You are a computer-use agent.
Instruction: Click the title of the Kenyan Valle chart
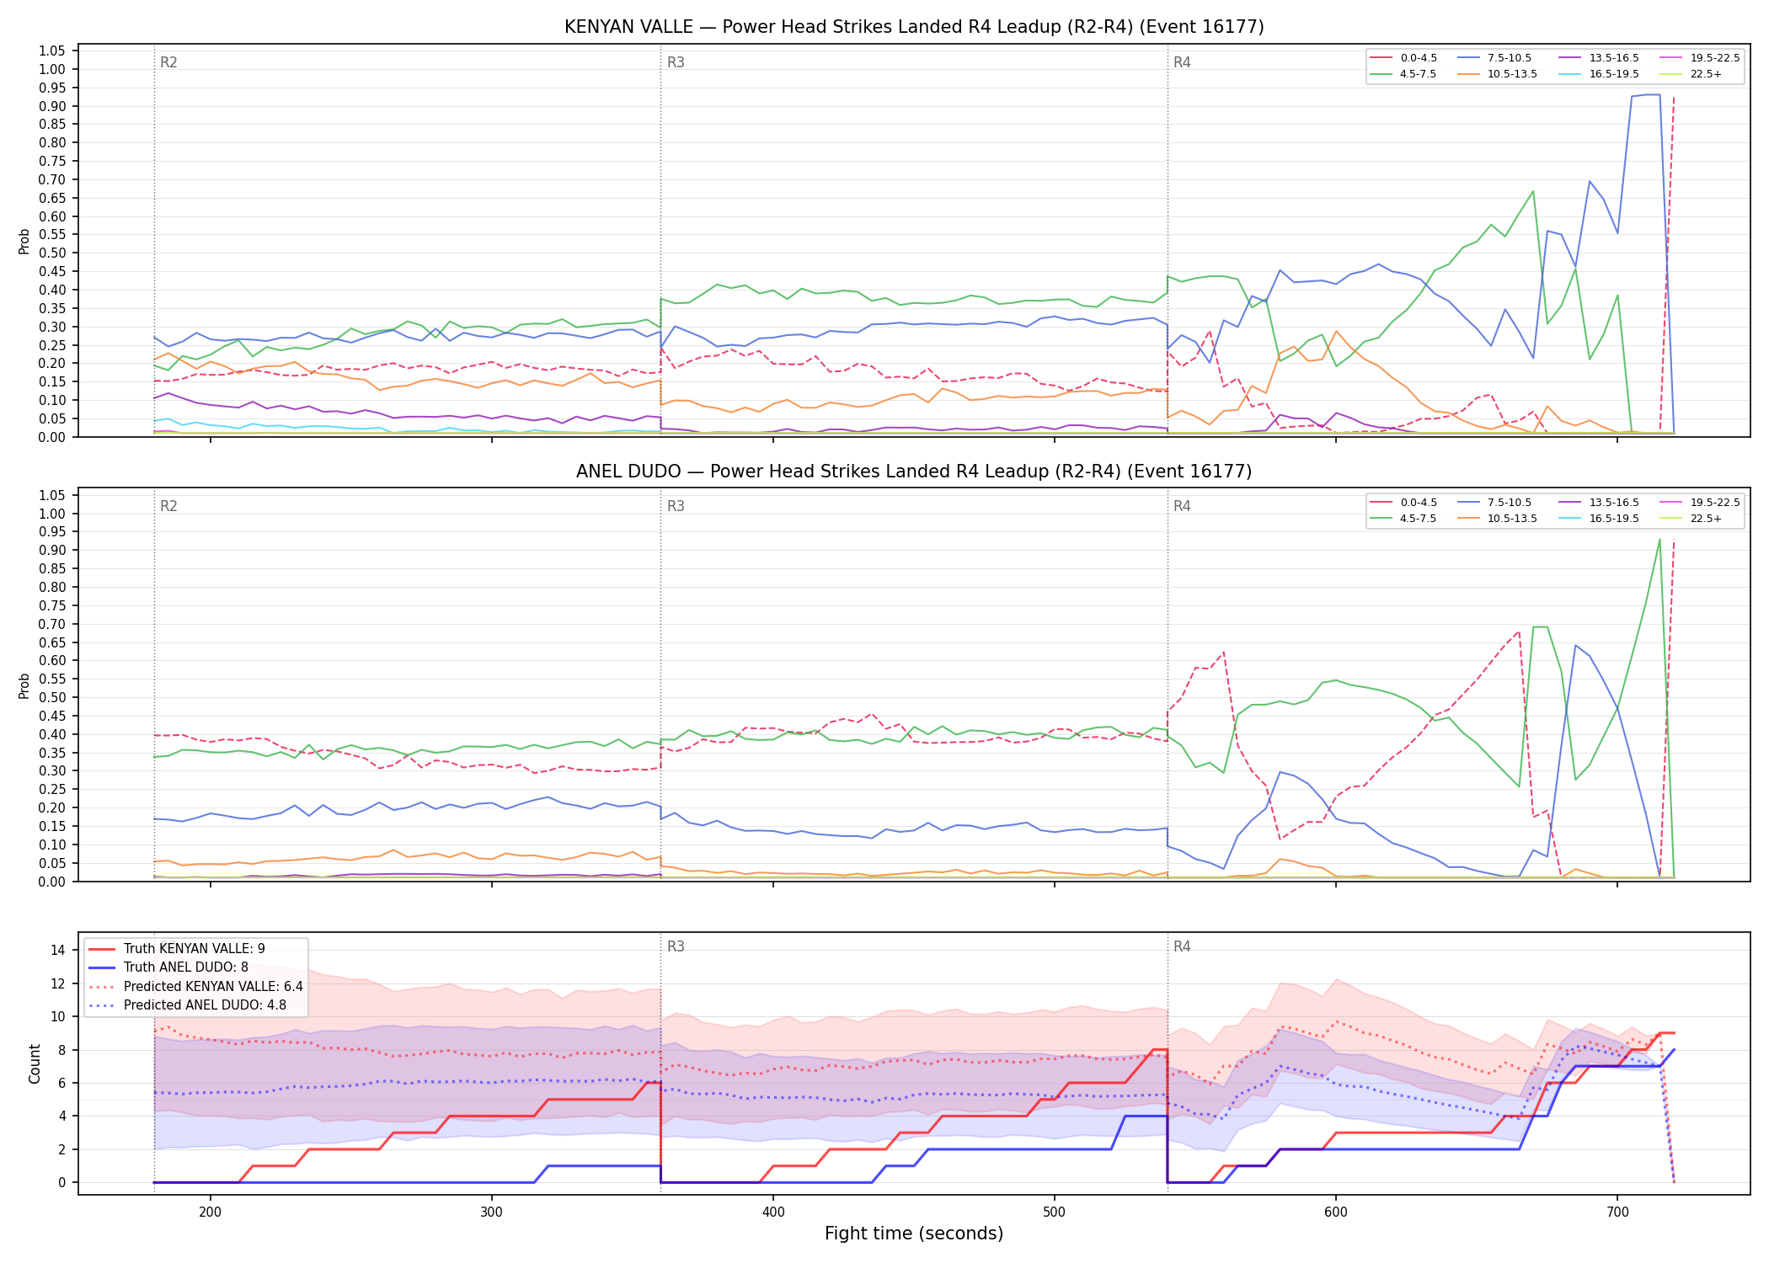click(914, 27)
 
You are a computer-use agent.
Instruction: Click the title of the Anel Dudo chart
click(914, 472)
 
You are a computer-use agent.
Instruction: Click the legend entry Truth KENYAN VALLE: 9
click(176, 949)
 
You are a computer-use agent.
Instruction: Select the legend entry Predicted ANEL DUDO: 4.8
click(187, 1005)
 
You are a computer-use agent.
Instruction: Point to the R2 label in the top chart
click(168, 62)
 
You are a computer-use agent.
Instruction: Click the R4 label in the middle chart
click(1182, 506)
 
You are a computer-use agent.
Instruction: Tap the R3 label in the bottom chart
click(676, 946)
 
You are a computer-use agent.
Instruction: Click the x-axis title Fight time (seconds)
click(914, 1234)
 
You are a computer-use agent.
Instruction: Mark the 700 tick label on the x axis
click(1617, 1212)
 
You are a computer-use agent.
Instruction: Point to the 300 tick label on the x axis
click(492, 1212)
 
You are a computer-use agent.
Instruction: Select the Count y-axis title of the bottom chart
click(35, 1063)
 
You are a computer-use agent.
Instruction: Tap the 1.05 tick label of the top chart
click(52, 51)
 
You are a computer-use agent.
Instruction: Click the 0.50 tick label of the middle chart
click(52, 698)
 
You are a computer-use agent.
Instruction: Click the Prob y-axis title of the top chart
click(24, 242)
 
